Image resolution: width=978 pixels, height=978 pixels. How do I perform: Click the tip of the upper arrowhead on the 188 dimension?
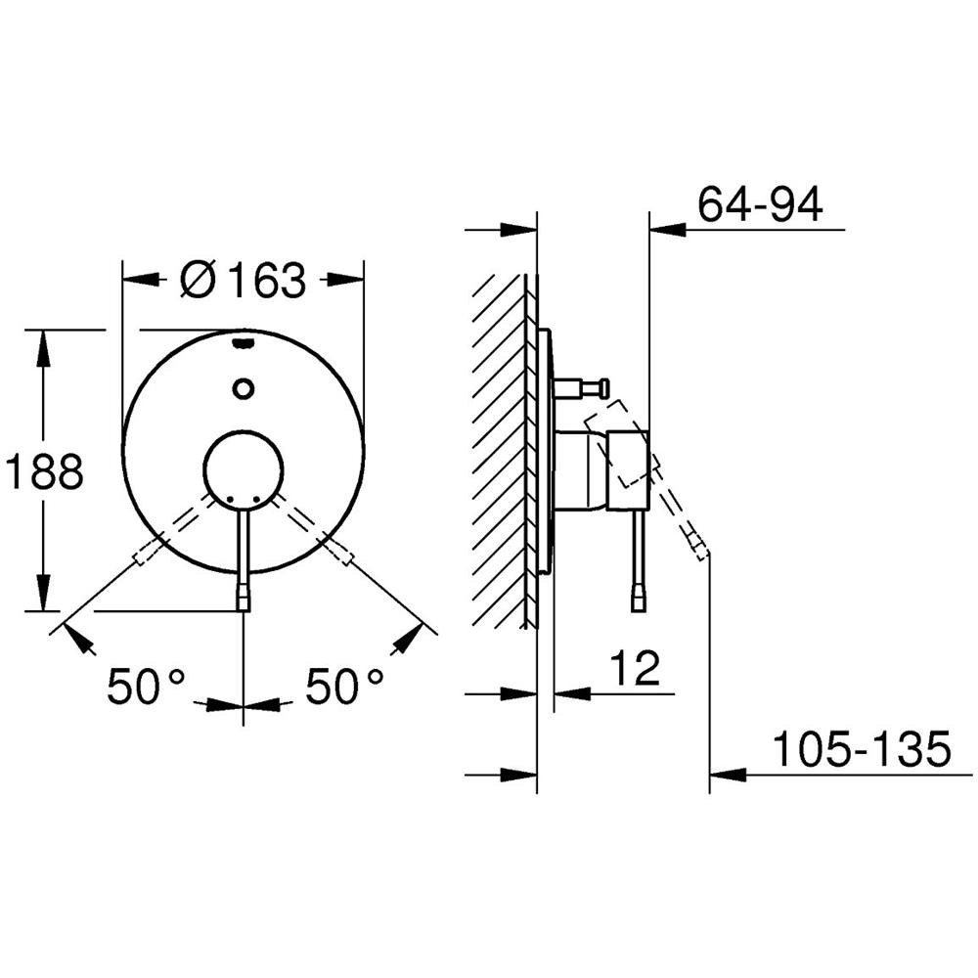(x=42, y=330)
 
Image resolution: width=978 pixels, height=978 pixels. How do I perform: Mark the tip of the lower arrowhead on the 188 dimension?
(x=42, y=610)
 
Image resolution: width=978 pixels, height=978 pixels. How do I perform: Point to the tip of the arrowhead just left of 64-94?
(x=650, y=230)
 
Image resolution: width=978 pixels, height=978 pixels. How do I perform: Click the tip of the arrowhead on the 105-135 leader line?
(x=710, y=775)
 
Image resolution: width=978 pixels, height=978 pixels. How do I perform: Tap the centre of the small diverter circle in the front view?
(x=244, y=388)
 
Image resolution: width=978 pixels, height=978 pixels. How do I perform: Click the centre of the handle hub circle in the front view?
(x=244, y=469)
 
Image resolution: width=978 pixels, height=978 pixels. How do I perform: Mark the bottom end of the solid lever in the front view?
(x=244, y=610)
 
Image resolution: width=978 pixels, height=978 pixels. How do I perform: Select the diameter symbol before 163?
(x=198, y=281)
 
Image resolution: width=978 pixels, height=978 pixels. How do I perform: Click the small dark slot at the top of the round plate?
(x=244, y=341)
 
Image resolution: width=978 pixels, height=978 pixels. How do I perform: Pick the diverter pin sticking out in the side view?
(x=581, y=387)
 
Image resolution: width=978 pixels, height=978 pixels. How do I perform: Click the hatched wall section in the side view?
(x=501, y=450)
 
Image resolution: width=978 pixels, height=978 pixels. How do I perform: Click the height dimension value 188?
(x=44, y=471)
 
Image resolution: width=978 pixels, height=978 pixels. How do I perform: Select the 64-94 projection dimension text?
(x=760, y=203)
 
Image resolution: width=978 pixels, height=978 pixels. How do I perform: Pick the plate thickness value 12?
(x=635, y=668)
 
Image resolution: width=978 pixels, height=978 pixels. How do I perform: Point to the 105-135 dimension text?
(x=862, y=748)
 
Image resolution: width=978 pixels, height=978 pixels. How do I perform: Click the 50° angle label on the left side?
(x=147, y=686)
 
